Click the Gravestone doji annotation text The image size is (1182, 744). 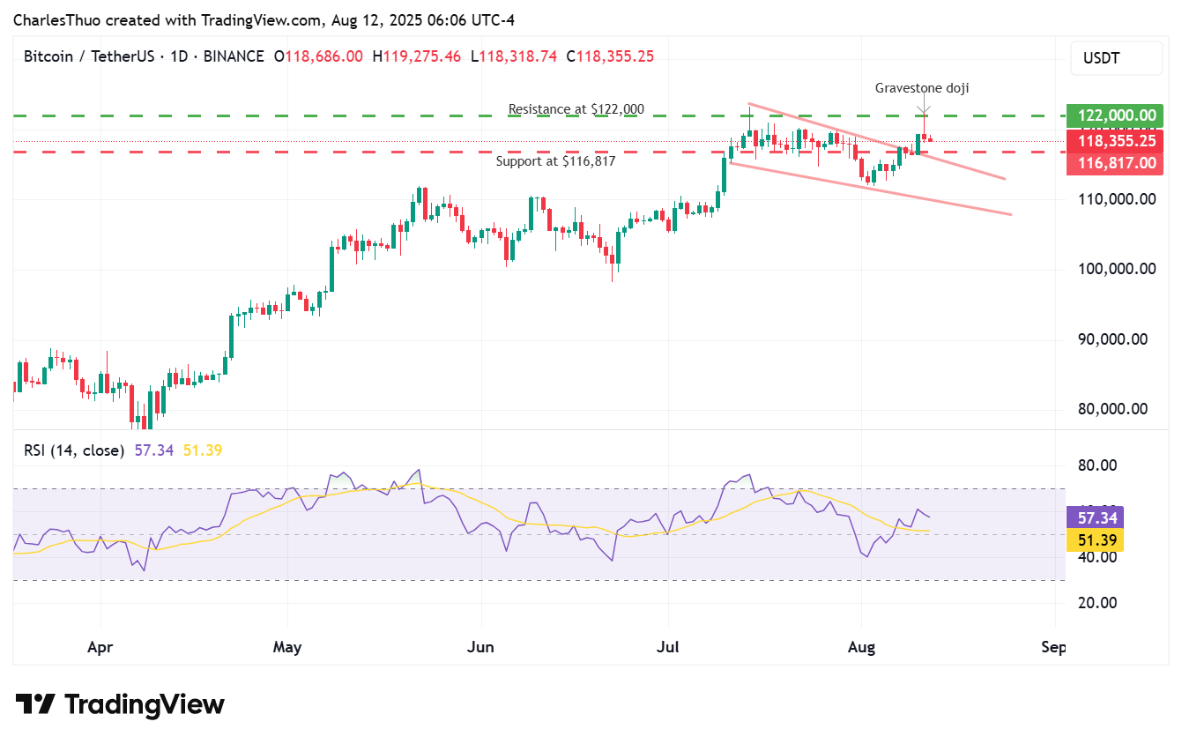pyautogui.click(x=922, y=88)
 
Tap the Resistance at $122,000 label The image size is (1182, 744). pyautogui.click(x=576, y=109)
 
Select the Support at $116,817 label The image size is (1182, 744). pyautogui.click(x=555, y=161)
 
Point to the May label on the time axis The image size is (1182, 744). pyautogui.click(x=287, y=648)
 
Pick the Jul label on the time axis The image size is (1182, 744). pyautogui.click(x=667, y=648)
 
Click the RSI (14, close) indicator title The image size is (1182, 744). pyautogui.click(x=74, y=450)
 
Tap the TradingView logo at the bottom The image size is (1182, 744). pyautogui.click(x=120, y=705)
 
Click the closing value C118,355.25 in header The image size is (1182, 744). pyautogui.click(x=610, y=56)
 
